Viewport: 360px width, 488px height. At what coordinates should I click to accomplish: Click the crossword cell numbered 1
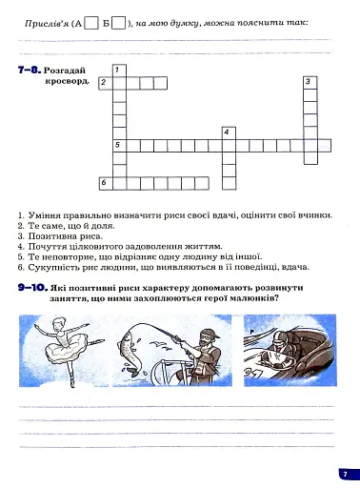[119, 71]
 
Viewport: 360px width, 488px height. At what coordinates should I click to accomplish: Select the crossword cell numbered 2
[106, 84]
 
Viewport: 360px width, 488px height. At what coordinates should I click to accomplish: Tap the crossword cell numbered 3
[310, 84]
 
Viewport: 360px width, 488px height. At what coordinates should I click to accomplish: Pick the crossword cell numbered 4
[228, 132]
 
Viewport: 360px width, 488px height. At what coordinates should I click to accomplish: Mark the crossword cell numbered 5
[119, 145]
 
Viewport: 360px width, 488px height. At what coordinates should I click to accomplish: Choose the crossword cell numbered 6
[106, 181]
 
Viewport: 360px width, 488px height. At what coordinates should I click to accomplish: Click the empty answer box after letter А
[92, 21]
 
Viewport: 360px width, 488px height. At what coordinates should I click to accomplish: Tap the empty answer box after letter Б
[119, 21]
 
